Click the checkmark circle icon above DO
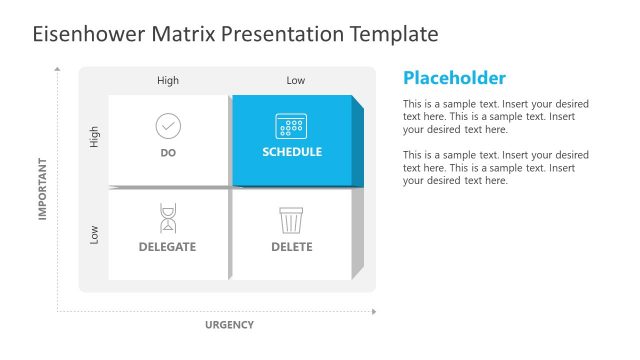click(168, 126)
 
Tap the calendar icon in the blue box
click(291, 126)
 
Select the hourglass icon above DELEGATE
click(168, 218)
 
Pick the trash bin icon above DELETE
click(291, 219)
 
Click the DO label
click(168, 153)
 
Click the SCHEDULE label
click(292, 153)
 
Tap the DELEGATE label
click(167, 247)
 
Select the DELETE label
click(291, 247)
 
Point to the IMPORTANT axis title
click(43, 188)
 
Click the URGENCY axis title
click(229, 325)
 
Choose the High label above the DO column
click(168, 81)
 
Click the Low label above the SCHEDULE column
click(296, 81)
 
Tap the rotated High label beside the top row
click(95, 137)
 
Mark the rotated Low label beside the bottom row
click(95, 234)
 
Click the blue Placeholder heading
click(454, 78)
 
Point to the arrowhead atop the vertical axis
click(57, 70)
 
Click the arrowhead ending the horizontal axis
click(375, 312)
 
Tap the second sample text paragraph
click(495, 168)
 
